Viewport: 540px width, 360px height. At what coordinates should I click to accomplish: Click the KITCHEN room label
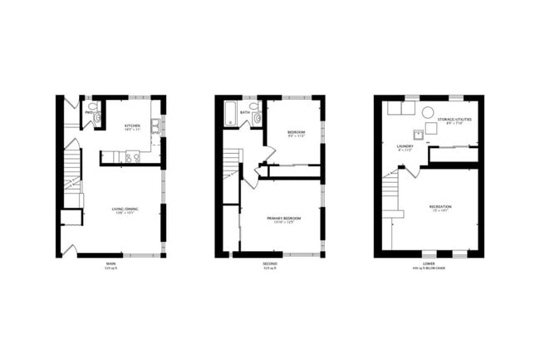pos(131,126)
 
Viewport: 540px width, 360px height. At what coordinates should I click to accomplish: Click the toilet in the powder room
pos(96,118)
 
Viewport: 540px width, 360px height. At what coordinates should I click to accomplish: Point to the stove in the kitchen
pos(131,155)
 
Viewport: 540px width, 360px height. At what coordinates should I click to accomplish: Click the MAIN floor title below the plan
pos(110,264)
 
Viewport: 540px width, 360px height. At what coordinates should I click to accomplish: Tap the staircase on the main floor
pos(73,175)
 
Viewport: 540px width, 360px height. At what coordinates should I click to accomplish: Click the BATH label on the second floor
pos(245,112)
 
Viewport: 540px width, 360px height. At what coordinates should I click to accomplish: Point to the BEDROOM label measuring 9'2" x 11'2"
pos(296,133)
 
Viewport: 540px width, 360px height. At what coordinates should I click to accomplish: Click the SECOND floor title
pos(270,264)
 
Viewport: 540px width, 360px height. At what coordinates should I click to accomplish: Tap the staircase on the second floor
pos(231,166)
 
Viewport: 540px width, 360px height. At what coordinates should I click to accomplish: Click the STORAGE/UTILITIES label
pos(454,120)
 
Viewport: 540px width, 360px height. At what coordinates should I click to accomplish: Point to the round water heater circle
pos(428,111)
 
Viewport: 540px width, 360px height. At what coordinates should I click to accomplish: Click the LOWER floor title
pos(429,264)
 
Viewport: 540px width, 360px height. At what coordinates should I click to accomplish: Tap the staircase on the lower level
pos(391,195)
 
